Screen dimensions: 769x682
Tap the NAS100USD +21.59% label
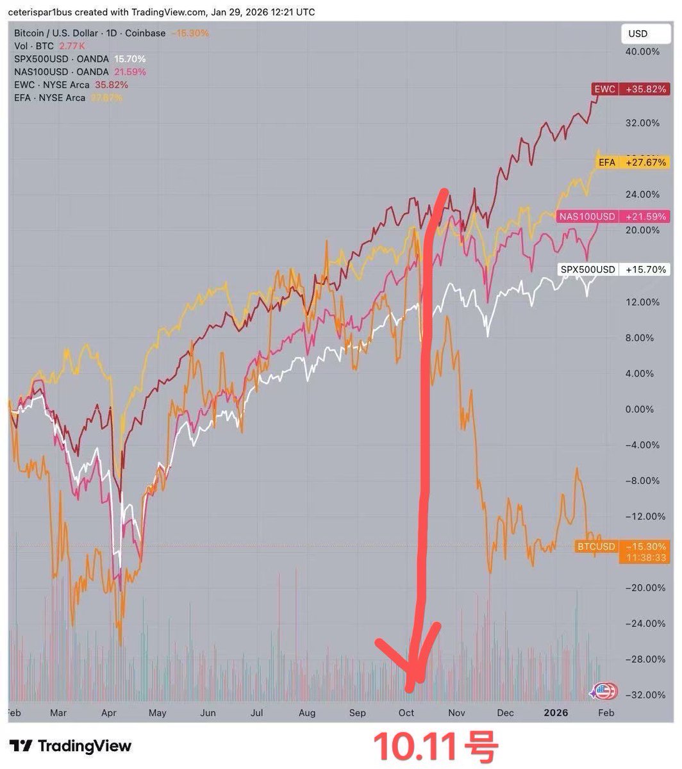[x=612, y=217]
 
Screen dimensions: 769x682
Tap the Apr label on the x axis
[x=107, y=713]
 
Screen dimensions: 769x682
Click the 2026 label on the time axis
[x=556, y=713]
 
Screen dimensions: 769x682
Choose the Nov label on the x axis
[x=456, y=713]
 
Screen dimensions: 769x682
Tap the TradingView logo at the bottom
[x=71, y=746]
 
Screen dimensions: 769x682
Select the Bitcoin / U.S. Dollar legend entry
[x=90, y=33]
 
